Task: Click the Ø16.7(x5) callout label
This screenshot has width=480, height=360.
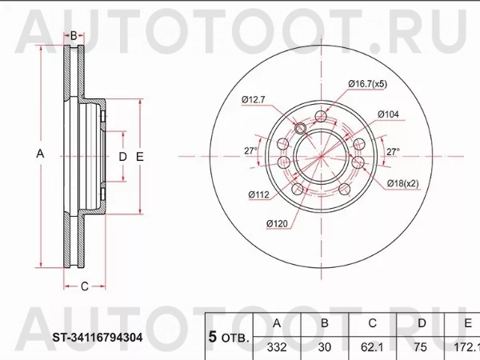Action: coord(367,83)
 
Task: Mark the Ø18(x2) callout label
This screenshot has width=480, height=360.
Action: coord(404,184)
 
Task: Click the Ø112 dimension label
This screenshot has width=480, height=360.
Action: coord(258,194)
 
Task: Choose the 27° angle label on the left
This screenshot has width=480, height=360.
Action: coord(250,150)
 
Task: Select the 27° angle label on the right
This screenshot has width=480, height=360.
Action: coord(394,150)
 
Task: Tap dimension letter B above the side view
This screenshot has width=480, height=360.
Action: coord(74,35)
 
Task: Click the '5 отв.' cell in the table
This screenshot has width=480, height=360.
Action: coord(228,336)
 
